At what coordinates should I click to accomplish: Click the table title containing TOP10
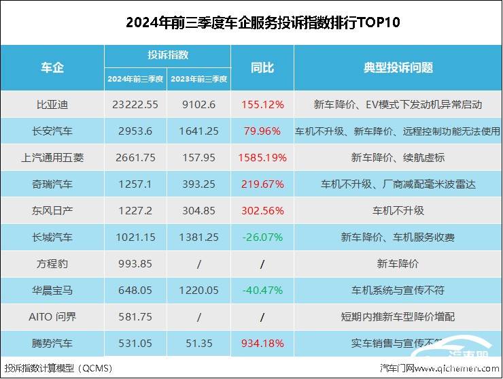click(x=263, y=22)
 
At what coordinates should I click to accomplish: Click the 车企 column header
click(x=52, y=67)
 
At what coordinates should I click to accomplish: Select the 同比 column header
click(x=262, y=67)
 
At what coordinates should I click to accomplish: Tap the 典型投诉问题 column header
click(x=398, y=67)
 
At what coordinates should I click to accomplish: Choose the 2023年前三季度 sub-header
click(x=199, y=79)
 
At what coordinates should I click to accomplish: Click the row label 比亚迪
click(x=52, y=105)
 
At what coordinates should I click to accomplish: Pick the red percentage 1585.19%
click(x=262, y=157)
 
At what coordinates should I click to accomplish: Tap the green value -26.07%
click(x=262, y=237)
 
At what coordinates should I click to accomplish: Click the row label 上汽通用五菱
click(x=52, y=157)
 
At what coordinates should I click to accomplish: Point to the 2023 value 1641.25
click(x=199, y=131)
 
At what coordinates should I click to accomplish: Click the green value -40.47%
click(x=262, y=290)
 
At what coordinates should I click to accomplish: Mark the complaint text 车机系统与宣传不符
click(x=398, y=290)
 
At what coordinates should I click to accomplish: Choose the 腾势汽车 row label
click(x=52, y=342)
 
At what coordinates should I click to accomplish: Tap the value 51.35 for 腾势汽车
click(x=199, y=342)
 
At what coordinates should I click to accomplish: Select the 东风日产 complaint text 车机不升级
click(x=398, y=210)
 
